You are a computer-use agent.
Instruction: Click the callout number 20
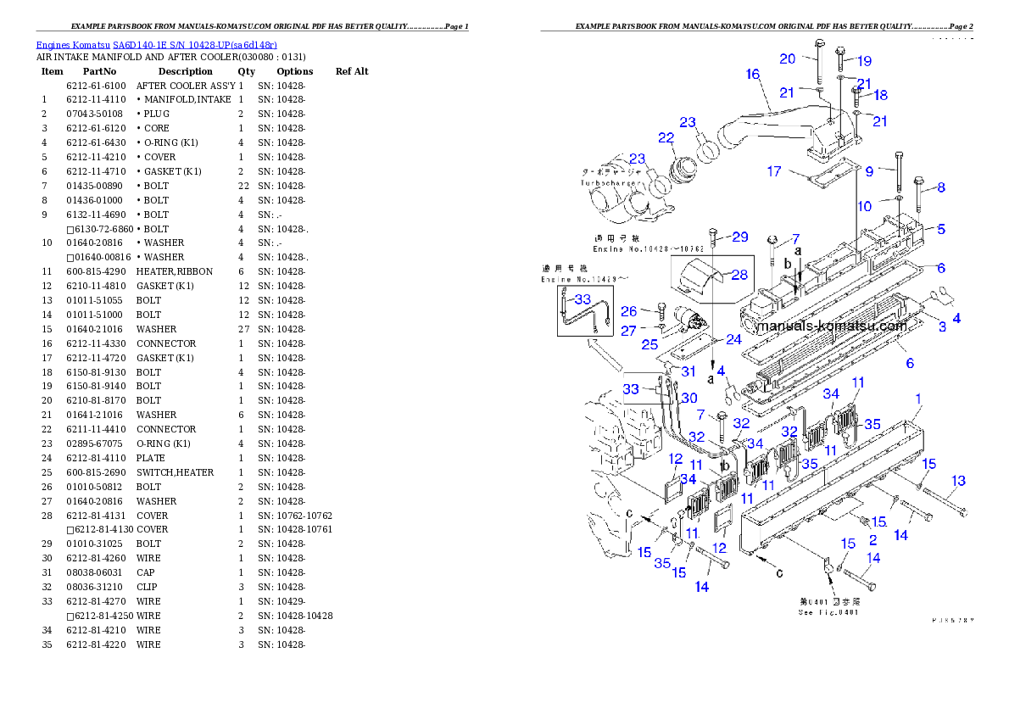point(788,59)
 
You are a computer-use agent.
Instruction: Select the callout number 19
point(864,61)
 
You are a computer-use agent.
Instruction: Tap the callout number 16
point(753,75)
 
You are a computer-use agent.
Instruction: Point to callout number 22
point(666,137)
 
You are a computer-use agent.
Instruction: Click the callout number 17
point(774,171)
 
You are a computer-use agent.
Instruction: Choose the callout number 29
point(740,237)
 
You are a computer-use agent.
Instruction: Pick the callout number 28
point(739,274)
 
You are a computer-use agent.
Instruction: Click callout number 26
point(628,311)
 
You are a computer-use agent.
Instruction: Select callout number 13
point(958,482)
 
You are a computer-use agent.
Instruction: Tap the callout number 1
point(918,399)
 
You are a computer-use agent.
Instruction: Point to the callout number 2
point(873,539)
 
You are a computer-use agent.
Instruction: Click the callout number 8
point(940,187)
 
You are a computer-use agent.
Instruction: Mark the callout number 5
point(941,229)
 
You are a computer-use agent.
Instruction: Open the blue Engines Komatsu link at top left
point(156,44)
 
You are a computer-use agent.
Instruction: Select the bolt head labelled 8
point(919,181)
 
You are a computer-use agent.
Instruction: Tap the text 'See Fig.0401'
point(829,612)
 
